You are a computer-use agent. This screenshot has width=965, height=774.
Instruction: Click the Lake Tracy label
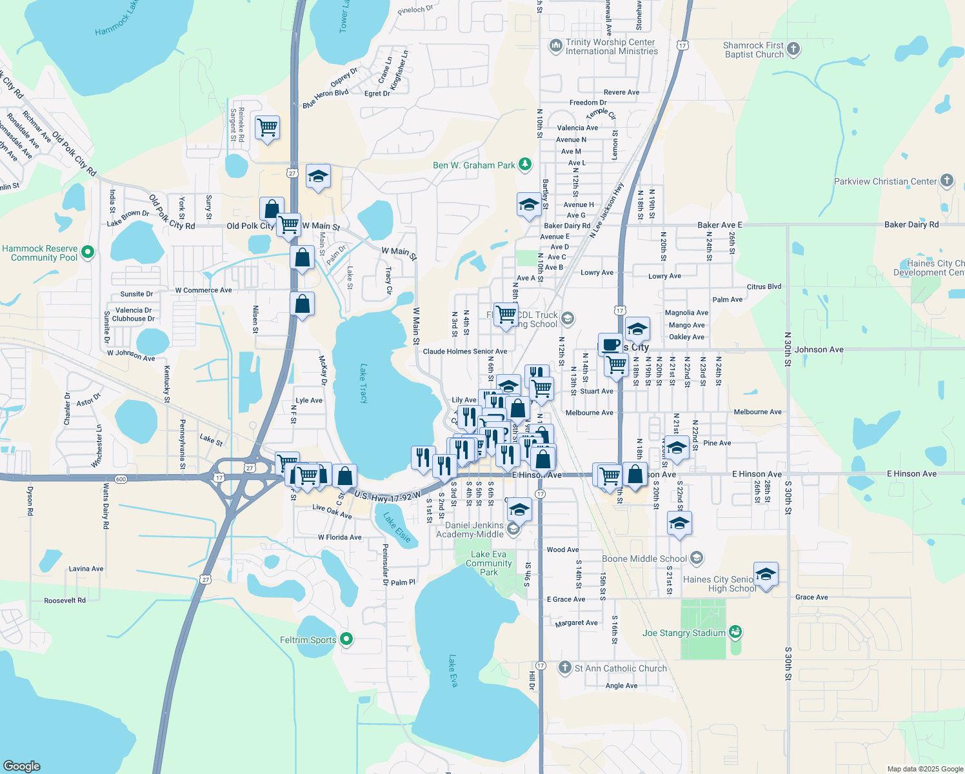[x=364, y=384]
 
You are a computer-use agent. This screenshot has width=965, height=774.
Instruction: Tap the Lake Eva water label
[x=453, y=671]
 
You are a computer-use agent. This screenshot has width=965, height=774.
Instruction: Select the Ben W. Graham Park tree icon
[x=525, y=164]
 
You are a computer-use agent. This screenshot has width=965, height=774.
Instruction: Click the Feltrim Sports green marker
[x=346, y=639]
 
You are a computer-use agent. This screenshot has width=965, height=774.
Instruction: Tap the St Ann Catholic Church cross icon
[x=565, y=668]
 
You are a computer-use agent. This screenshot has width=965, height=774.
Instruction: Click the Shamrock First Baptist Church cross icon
[x=793, y=49]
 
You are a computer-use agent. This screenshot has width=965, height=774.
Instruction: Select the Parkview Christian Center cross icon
[x=947, y=181]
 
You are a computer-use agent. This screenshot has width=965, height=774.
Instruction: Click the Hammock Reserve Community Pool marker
[x=89, y=252]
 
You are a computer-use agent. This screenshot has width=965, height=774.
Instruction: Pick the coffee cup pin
[x=610, y=344]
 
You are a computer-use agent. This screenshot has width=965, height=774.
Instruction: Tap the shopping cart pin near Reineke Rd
[x=267, y=127]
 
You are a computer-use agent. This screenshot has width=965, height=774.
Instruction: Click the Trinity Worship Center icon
[x=555, y=46]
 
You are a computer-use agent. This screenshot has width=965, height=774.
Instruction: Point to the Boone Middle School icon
[x=697, y=558]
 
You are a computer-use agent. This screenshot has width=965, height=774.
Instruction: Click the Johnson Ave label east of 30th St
[x=819, y=350]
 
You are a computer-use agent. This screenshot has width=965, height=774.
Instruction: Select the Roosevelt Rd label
[x=65, y=600]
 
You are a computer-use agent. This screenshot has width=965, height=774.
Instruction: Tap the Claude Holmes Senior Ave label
[x=464, y=352]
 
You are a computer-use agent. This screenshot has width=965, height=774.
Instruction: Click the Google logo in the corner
[x=21, y=766]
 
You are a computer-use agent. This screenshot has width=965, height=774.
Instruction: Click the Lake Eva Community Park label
[x=488, y=563]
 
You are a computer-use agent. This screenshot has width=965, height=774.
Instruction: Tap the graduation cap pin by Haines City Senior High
[x=766, y=573]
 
